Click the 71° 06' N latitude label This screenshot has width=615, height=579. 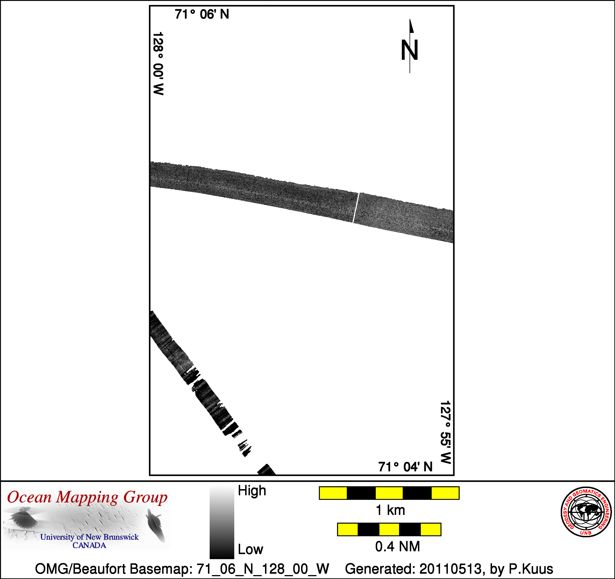(x=202, y=14)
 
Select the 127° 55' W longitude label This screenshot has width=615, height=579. (x=446, y=433)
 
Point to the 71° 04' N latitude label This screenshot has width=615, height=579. (x=405, y=467)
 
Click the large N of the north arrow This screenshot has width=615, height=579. (x=410, y=50)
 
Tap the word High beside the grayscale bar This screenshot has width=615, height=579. (x=252, y=491)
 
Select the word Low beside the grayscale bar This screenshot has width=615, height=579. (x=250, y=550)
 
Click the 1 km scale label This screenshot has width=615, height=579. (x=390, y=510)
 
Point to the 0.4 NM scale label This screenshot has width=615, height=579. (x=398, y=547)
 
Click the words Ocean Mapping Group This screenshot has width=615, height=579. (x=87, y=498)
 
